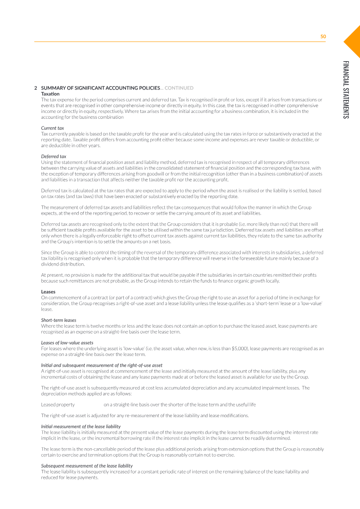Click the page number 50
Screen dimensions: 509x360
pos(323,36)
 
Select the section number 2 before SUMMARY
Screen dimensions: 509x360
pos(36,88)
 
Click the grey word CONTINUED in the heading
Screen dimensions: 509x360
pos(179,88)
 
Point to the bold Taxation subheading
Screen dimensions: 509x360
pos(50,93)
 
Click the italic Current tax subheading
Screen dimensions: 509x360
pos(52,128)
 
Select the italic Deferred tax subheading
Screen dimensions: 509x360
pos(54,156)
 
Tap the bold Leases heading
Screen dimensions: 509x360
pos(48,292)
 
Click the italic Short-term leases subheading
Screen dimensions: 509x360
pos(58,320)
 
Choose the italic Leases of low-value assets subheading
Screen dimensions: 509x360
pos(67,342)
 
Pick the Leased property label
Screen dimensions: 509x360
pos(58,404)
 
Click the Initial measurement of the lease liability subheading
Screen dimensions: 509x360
pos(81,426)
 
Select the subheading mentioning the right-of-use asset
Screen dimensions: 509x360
pos(102,365)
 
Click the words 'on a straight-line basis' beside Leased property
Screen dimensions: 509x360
pos(126,404)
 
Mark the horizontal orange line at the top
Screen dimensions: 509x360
pos(180,42)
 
